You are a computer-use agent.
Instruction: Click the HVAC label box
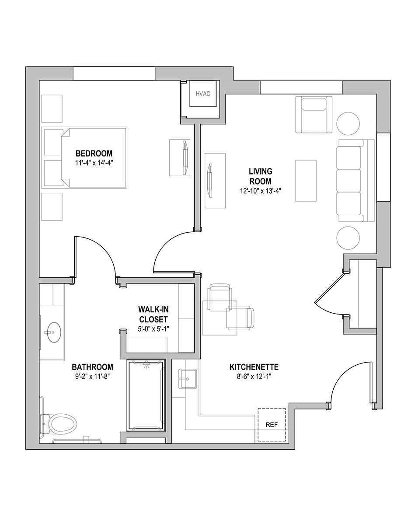203,94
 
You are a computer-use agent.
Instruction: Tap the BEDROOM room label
94,154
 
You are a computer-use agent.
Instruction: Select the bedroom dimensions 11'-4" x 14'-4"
94,163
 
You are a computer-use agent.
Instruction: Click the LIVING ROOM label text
260,176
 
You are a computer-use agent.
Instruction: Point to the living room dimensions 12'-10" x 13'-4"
260,191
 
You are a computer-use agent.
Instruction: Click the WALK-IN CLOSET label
153,314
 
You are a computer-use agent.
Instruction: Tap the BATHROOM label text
93,367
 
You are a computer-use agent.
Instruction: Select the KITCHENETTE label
254,367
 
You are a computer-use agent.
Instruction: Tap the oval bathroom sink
54,332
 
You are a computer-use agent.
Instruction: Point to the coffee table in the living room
306,181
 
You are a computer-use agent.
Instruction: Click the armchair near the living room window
314,115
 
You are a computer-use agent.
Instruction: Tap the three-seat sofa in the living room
356,181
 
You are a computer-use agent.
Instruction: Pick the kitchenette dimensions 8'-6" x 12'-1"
254,377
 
